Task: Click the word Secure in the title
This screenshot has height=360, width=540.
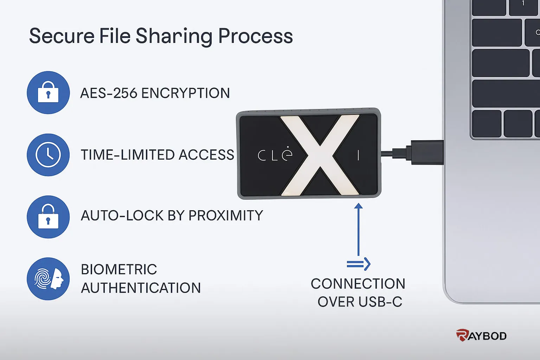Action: (62, 36)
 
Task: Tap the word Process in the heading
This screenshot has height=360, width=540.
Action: (255, 36)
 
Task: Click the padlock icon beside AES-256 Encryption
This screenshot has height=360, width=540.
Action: (48, 92)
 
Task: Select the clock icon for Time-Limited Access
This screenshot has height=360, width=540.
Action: (48, 155)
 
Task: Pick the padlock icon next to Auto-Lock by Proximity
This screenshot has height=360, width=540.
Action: (48, 217)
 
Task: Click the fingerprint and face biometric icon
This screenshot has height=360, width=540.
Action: (48, 279)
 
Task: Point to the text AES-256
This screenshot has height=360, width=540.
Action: (109, 93)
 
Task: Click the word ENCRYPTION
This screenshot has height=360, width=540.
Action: (186, 93)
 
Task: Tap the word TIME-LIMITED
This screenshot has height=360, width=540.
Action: (128, 155)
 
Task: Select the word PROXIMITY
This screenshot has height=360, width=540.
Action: (226, 215)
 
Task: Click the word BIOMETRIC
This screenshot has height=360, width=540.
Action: (119, 269)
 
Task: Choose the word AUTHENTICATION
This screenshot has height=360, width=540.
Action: (141, 288)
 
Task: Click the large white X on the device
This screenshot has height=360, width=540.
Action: (320, 155)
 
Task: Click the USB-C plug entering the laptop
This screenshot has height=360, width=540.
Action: (427, 152)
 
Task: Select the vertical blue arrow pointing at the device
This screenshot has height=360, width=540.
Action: (359, 229)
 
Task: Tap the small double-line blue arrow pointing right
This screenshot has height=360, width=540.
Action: (359, 264)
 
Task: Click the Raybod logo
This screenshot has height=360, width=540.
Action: (481, 335)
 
